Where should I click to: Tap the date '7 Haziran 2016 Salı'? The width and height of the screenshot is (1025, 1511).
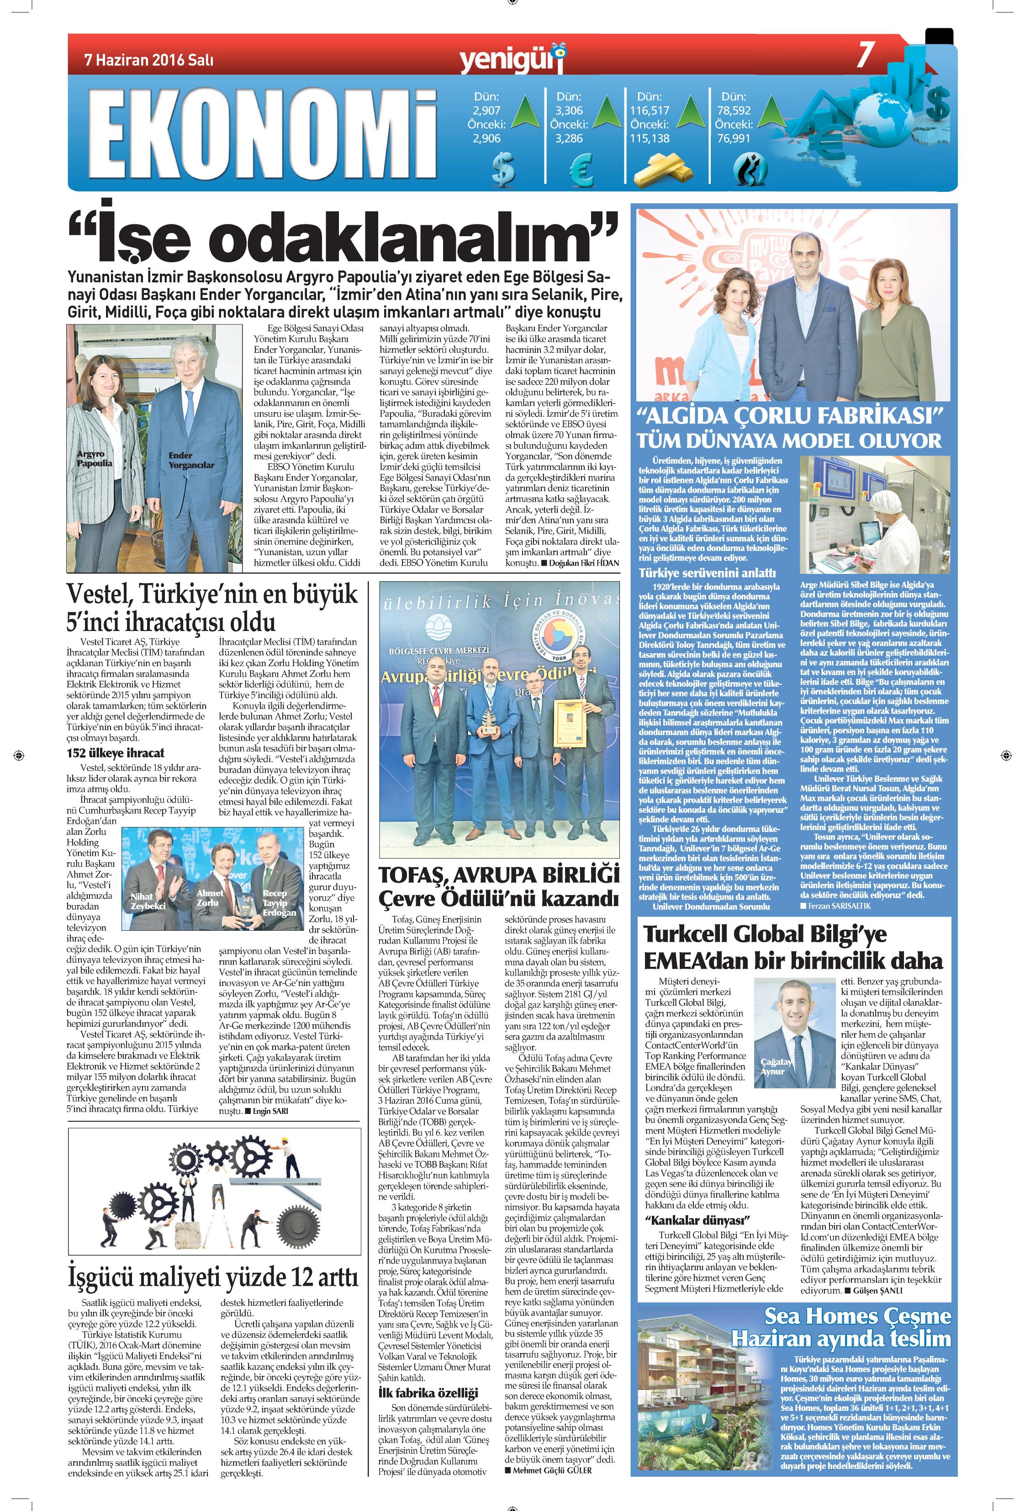(149, 60)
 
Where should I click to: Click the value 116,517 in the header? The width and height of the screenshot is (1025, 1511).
(650, 111)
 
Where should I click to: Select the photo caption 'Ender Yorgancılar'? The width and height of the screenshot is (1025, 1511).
(191, 460)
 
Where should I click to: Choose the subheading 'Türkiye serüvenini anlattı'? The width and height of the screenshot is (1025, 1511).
(707, 573)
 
